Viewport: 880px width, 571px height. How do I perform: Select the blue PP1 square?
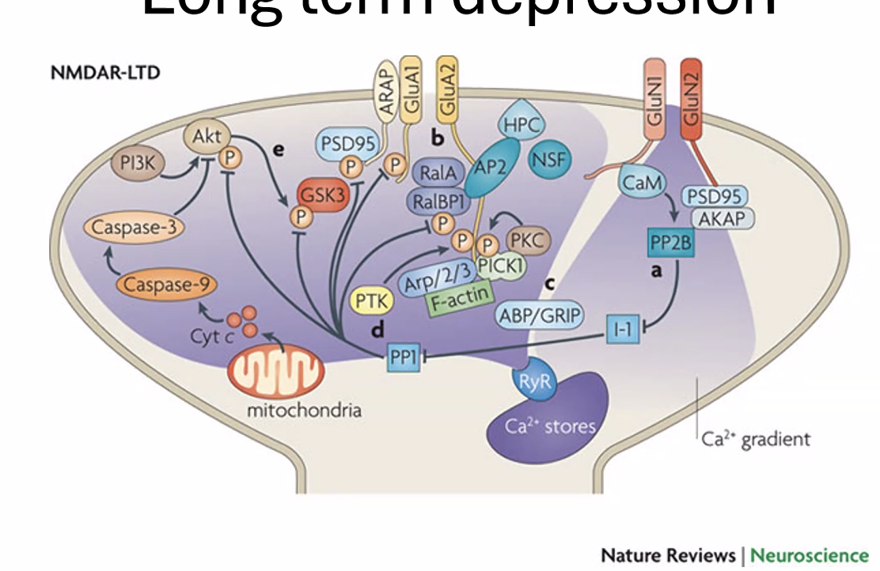click(x=402, y=357)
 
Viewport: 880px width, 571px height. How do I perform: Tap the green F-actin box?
click(x=459, y=301)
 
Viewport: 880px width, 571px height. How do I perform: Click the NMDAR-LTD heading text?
click(x=105, y=73)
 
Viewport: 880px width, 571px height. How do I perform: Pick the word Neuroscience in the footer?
click(x=809, y=554)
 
